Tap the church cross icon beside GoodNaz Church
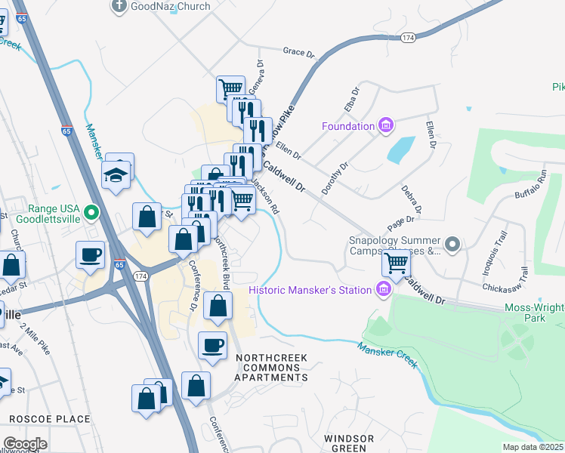click(119, 6)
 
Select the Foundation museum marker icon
click(386, 125)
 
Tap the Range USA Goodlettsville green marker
click(92, 213)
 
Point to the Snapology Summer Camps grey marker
click(452, 244)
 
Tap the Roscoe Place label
click(50, 419)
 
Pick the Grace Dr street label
click(298, 53)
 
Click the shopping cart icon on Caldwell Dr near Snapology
click(396, 263)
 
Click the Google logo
click(25, 444)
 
